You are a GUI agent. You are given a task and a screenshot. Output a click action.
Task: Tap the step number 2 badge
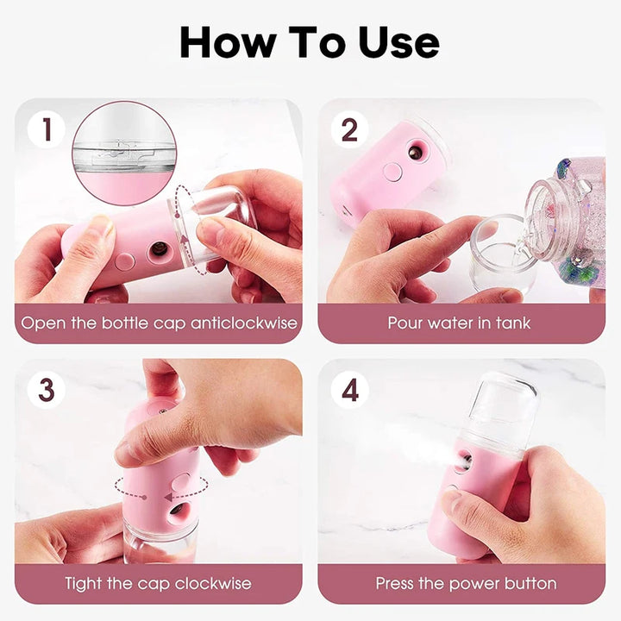[x=349, y=130]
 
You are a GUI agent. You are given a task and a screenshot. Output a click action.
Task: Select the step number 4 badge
[x=349, y=390]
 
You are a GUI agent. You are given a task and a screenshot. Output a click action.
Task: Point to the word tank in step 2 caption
[x=512, y=323]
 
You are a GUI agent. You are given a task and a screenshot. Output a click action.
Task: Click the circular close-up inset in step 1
[x=124, y=153]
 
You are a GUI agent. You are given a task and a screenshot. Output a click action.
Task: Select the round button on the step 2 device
[x=392, y=172]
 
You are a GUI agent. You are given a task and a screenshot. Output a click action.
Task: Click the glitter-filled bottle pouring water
[x=569, y=220]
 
